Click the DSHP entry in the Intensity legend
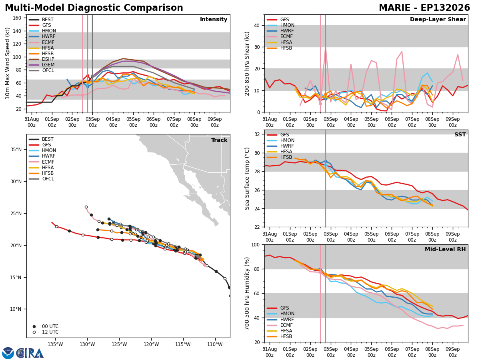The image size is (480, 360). tap(48, 59)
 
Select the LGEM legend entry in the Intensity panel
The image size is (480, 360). tap(48, 65)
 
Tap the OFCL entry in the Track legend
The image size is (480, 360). tap(48, 179)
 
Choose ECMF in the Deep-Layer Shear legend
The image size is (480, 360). tap(286, 36)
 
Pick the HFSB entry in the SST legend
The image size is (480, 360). tap(286, 157)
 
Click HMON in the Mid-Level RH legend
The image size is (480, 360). tap(287, 314)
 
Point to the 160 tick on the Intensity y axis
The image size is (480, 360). tap(17, 18)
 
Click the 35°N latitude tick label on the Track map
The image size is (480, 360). tap(16, 150)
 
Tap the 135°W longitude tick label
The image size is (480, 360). tap(55, 344)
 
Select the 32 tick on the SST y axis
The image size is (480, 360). tap(257, 134)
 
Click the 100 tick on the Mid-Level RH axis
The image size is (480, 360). tap(256, 245)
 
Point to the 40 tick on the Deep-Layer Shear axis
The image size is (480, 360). tap(257, 26)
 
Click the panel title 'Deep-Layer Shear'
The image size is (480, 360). tap(438, 20)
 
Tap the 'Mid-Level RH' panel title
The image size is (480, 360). tap(445, 249)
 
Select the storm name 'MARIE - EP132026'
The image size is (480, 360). tap(424, 8)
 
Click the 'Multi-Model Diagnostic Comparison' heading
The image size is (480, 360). tap(94, 8)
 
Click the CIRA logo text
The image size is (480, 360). tap(30, 353)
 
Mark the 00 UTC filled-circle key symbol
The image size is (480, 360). tap(34, 326)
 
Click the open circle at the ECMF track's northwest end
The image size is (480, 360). tap(86, 207)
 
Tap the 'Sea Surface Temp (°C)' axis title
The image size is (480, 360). tap(247, 179)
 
